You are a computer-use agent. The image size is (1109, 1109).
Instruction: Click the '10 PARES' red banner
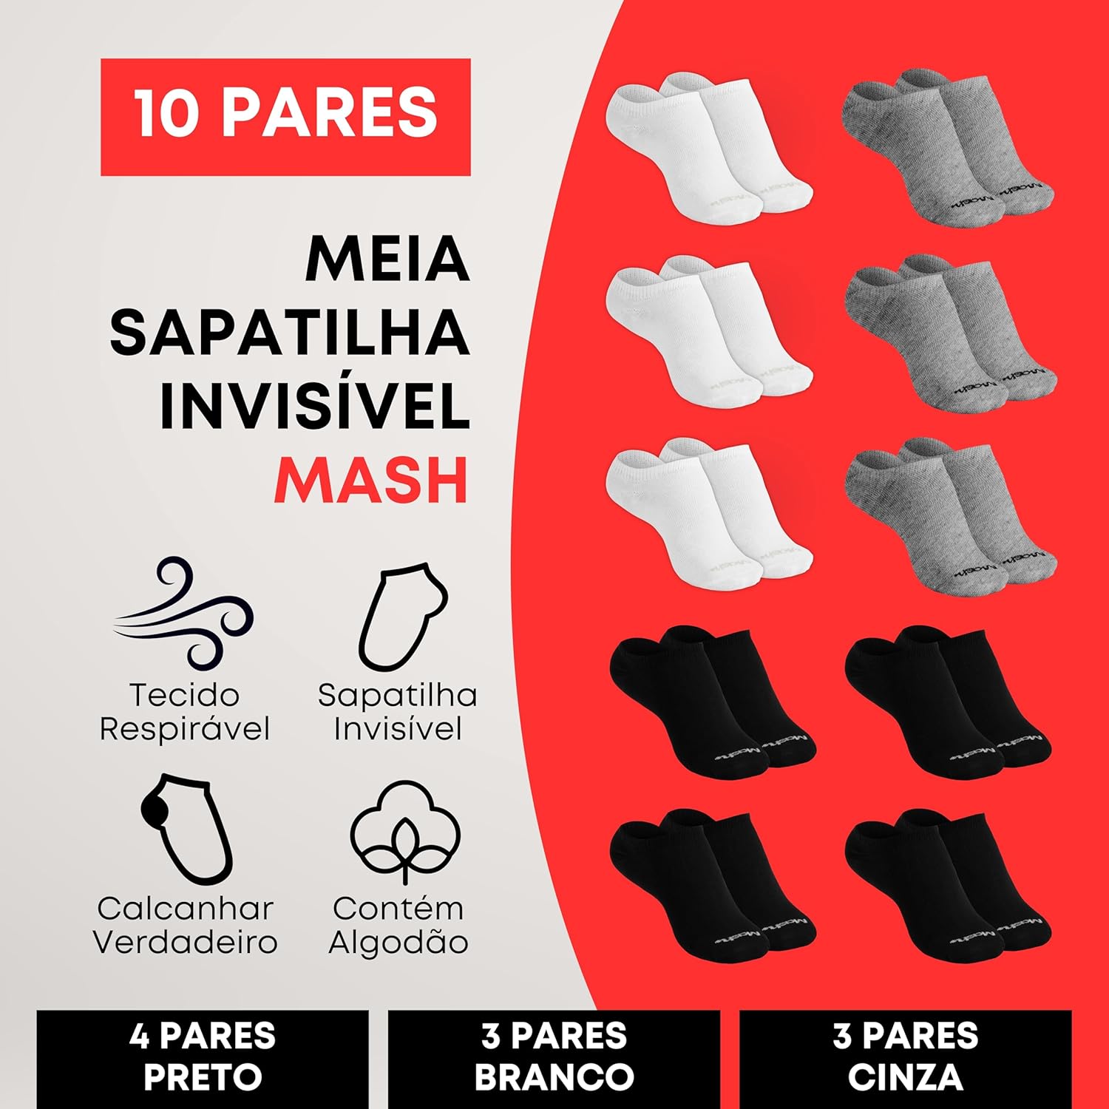click(x=285, y=117)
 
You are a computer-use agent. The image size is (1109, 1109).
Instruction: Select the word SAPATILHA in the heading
click(x=290, y=333)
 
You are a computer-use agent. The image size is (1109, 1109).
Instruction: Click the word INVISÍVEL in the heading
click(x=315, y=405)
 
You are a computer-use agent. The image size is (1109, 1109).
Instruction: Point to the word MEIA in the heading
click(x=387, y=260)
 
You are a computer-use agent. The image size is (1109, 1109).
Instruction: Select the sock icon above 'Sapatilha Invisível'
click(x=403, y=617)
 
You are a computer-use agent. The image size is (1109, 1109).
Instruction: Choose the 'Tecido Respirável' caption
click(x=185, y=712)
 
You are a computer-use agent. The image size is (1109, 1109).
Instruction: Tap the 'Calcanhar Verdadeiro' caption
click(x=185, y=925)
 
